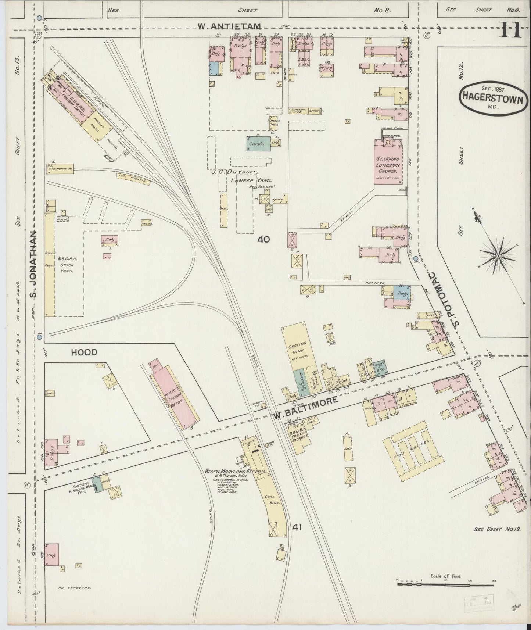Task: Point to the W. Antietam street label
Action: (229, 26)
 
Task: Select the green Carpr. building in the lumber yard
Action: (258, 144)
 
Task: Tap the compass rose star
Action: (498, 256)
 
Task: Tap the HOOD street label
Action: (84, 352)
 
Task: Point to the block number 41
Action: (297, 527)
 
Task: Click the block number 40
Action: (263, 240)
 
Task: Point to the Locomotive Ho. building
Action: (60, 169)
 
